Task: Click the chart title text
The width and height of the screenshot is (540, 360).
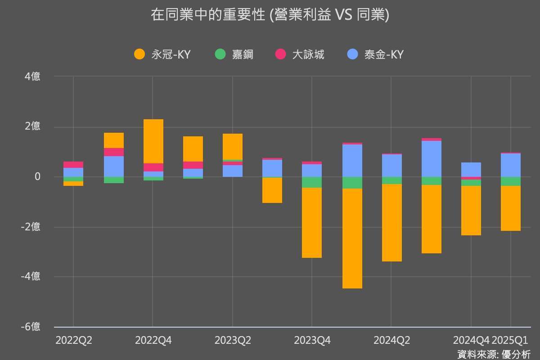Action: click(270, 15)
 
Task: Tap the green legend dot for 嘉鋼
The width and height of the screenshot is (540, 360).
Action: click(220, 54)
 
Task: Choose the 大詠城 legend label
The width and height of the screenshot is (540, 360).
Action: click(308, 54)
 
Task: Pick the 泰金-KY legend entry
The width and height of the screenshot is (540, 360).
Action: click(384, 54)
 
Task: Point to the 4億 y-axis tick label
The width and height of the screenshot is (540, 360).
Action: click(32, 76)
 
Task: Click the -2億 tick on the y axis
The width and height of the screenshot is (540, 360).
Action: click(31, 227)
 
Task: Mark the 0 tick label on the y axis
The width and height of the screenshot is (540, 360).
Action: click(38, 177)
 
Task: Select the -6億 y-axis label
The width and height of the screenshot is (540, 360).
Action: click(31, 327)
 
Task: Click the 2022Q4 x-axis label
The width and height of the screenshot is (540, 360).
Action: click(153, 341)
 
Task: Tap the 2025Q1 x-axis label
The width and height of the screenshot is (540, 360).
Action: click(510, 341)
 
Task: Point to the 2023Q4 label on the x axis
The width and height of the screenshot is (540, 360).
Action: click(312, 341)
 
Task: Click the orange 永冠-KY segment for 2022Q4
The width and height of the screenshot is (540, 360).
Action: click(153, 141)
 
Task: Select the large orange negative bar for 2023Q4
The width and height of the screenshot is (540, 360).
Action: click(312, 223)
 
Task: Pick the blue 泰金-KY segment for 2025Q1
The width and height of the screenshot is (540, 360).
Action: click(511, 165)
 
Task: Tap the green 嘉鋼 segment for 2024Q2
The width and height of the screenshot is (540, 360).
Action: click(391, 180)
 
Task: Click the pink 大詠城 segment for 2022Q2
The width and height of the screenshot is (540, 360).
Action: click(73, 165)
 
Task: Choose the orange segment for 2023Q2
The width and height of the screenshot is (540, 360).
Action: click(233, 146)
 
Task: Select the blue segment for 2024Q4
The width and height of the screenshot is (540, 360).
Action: click(471, 170)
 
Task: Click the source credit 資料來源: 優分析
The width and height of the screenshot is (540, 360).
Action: click(494, 354)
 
